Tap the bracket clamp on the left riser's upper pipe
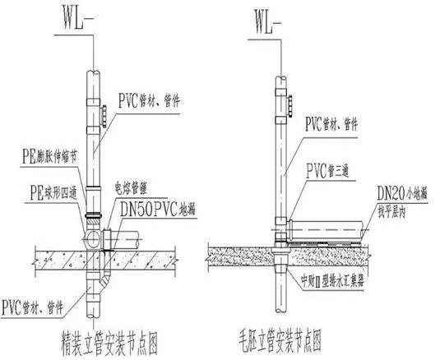pyautogui.click(x=104, y=113)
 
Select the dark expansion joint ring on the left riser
pyautogui.click(x=93, y=216)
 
